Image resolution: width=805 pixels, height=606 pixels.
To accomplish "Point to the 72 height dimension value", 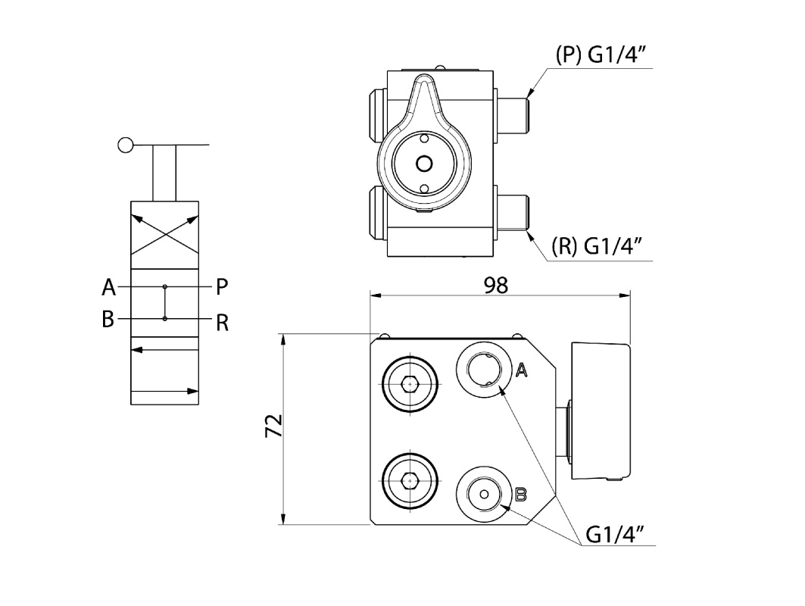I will coord(273,426).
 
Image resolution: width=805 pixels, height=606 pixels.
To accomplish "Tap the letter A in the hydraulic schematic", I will coord(109,287).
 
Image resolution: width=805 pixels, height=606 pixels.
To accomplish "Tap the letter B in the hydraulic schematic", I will coord(108,319).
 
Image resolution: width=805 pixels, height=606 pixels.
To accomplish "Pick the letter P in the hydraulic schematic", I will coord(221,287).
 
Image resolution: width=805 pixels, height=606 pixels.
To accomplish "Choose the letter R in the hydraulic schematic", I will coord(222,323).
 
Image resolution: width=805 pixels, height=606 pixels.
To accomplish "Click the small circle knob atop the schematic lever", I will coord(126,144).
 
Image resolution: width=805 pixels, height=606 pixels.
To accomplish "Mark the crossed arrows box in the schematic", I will coord(165,235).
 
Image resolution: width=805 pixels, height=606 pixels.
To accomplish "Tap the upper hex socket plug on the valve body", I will coord(410,384).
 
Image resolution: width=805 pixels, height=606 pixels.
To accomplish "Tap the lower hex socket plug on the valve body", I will coord(410,480).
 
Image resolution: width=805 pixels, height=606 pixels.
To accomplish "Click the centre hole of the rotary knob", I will coord(424,163).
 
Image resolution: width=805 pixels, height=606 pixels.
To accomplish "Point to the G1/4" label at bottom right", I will coord(615,534).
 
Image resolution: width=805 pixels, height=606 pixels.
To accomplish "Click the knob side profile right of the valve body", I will coord(600,411).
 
